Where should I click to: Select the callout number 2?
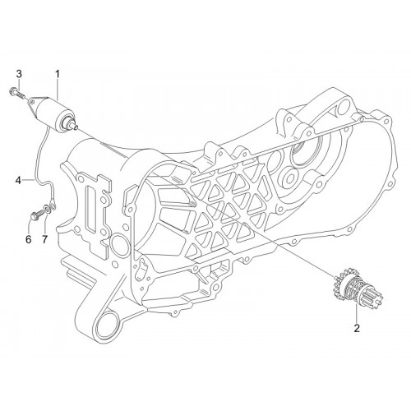pos(357,328)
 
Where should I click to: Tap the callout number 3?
pos(19,74)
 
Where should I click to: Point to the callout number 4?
pos(18,180)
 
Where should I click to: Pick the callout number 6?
pos(29,239)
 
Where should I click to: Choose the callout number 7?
pos(44,239)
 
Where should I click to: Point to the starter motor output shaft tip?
pos(76,127)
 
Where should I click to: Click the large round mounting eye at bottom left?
pos(104,330)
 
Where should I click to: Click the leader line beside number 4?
pos(28,180)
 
